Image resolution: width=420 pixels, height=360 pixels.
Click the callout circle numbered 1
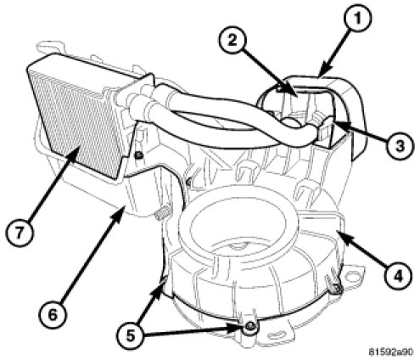click(357, 19)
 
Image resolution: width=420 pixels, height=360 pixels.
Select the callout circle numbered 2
click(232, 40)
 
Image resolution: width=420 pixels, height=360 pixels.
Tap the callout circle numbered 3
click(400, 145)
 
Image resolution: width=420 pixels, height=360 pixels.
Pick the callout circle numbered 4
click(398, 275)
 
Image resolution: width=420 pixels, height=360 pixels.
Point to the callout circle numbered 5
click(131, 335)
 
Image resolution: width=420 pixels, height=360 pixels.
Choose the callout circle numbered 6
click(53, 314)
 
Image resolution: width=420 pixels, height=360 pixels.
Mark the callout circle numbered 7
click(19, 233)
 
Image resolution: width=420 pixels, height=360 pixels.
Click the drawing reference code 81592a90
click(391, 352)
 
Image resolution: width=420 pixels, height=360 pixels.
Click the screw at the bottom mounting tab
click(249, 327)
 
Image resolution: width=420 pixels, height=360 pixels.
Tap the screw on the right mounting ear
click(337, 289)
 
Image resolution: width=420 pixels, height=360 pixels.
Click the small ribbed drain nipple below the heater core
click(160, 215)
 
